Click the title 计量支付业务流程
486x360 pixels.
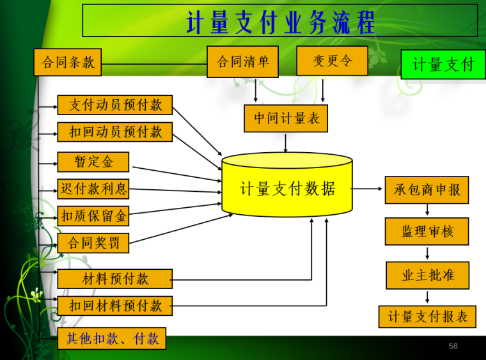280,21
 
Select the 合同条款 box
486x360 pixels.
68,62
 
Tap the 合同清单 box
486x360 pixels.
242,61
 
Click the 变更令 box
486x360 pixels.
332,61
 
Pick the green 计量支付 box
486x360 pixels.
443,65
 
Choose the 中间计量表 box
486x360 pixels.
286,118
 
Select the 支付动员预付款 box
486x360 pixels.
115,105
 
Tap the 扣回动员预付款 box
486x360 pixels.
115,132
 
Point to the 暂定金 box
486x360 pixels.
93,162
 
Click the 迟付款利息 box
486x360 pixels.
93,189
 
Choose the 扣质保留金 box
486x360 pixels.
93,216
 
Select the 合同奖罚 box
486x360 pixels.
93,243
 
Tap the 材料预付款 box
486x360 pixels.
115,279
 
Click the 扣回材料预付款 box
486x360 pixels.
115,306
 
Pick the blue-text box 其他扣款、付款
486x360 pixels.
112,338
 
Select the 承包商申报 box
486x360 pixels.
427,190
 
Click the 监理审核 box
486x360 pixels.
427,231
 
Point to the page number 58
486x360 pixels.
453,346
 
